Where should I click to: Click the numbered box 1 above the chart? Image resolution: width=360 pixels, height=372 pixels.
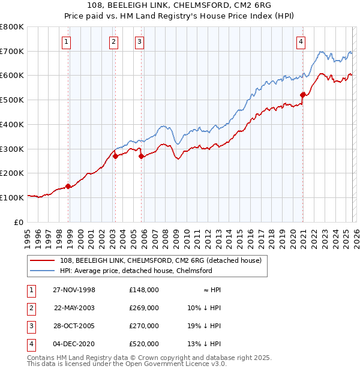[66, 41]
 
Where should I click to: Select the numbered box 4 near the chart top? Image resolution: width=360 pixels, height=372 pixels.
[301, 41]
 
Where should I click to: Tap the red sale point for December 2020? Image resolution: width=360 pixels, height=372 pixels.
[303, 94]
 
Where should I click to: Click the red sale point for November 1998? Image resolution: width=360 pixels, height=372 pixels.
[68, 186]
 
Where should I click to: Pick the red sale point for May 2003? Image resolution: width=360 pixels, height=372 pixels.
[115, 156]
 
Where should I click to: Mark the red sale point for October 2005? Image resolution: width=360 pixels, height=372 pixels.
[142, 156]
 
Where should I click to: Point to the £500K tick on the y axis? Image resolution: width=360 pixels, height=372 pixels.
[12, 100]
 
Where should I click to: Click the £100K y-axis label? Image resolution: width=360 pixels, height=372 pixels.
[12, 197]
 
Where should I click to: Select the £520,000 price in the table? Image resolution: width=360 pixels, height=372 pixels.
[144, 344]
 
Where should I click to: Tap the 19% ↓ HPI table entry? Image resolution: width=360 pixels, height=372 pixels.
[204, 326]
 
